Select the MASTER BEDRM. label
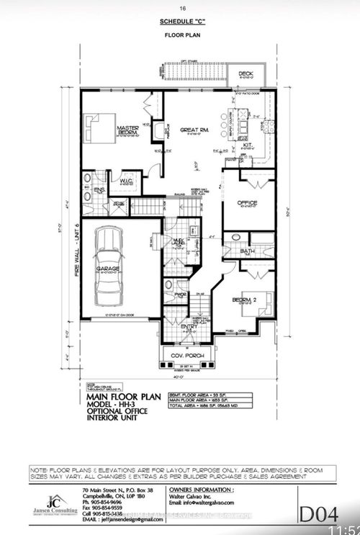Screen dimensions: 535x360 click(x=127, y=130)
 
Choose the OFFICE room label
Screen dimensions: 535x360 click(x=248, y=202)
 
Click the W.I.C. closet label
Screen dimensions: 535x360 click(x=127, y=181)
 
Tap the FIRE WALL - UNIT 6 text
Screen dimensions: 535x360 click(x=74, y=241)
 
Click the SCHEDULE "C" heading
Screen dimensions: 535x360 click(x=180, y=23)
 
